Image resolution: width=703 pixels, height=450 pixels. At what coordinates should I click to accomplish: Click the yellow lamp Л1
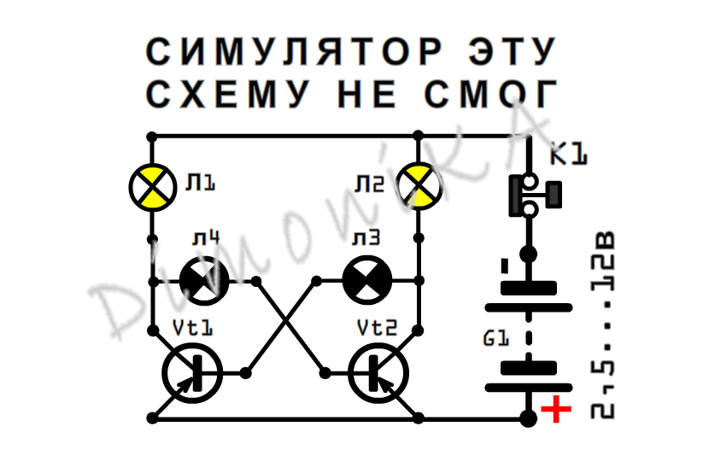tap(153, 186)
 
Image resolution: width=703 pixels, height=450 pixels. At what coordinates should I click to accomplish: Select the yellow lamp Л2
tap(419, 185)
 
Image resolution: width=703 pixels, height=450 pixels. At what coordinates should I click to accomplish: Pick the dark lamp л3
tap(367, 280)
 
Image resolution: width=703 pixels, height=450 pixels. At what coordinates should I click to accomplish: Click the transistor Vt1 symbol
tap(192, 372)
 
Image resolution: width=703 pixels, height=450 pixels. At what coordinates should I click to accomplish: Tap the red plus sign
tap(557, 411)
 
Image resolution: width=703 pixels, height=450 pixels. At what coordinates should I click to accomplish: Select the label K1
tap(569, 155)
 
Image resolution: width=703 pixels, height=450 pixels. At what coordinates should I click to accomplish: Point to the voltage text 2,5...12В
tap(605, 324)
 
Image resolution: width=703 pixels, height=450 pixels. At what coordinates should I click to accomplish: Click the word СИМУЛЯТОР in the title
tap(295, 52)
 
